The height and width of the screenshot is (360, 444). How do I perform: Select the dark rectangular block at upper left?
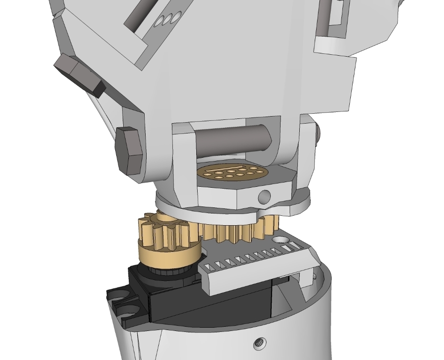pos(79,74)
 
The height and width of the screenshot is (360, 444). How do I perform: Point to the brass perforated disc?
pos(233,173)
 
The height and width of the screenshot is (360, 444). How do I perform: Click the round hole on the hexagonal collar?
pos(265,196)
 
